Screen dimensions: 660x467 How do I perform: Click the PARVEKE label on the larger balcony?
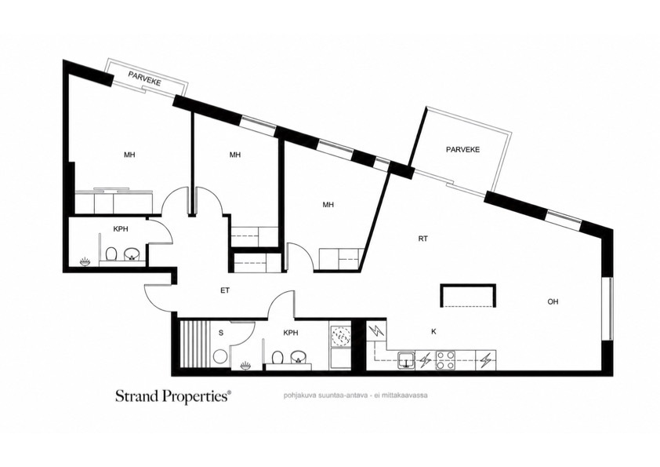pyautogui.click(x=462, y=150)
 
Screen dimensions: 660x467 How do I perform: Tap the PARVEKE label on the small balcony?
pyautogui.click(x=144, y=78)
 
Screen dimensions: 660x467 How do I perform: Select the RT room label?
pyautogui.click(x=423, y=239)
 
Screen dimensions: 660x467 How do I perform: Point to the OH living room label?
pyautogui.click(x=553, y=301)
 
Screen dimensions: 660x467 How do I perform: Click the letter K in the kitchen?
pyautogui.click(x=433, y=332)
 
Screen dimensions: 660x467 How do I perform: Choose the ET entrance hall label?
pyautogui.click(x=225, y=290)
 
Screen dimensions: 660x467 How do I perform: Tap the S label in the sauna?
pyautogui.click(x=221, y=333)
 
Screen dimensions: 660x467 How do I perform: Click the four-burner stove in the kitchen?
pyautogui.click(x=445, y=360)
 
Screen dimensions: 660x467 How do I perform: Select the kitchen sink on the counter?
pyautogui.click(x=406, y=361)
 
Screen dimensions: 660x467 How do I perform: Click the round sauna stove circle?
pyautogui.click(x=220, y=357)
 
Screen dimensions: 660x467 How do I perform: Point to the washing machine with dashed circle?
pyautogui.click(x=340, y=337)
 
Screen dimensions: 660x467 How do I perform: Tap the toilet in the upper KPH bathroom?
pyautogui.click(x=111, y=254)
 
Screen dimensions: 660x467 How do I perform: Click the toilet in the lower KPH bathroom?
pyautogui.click(x=277, y=358)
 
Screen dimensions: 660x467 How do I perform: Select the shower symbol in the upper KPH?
pyautogui.click(x=85, y=262)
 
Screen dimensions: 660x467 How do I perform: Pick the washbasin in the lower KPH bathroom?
pyautogui.click(x=299, y=357)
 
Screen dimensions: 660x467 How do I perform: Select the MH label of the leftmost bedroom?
pyautogui.click(x=129, y=155)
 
